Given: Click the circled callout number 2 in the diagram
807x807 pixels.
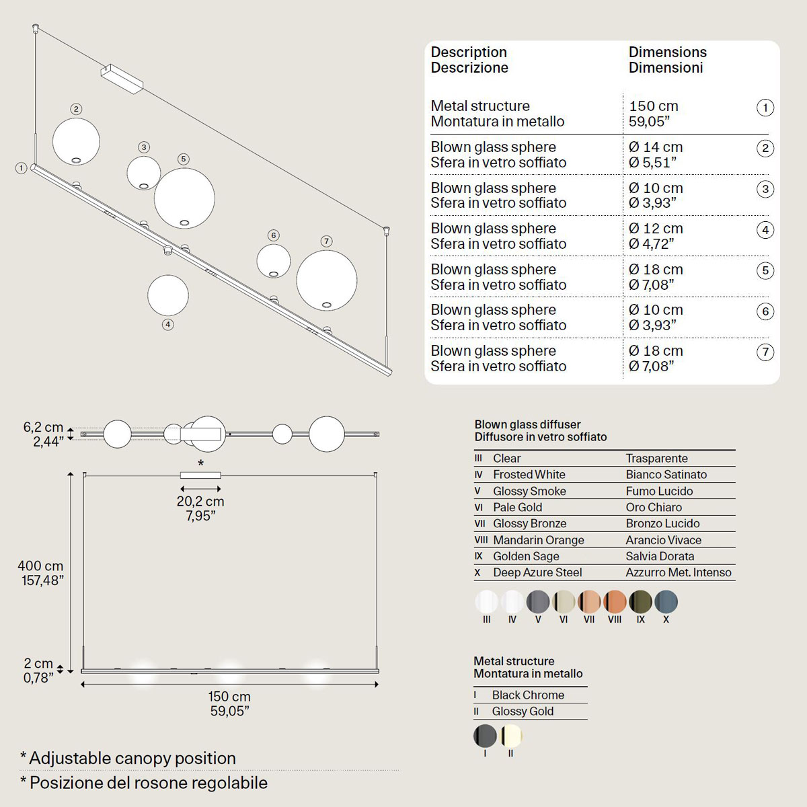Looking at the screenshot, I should (76, 109).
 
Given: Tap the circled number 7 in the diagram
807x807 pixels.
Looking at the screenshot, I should (326, 241).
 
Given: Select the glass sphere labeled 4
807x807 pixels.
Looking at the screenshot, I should (168, 295).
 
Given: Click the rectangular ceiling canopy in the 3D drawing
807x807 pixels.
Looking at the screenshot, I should (122, 77).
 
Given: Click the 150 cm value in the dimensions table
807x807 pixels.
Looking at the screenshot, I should (654, 106).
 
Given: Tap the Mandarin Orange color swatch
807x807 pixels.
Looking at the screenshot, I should (615, 602).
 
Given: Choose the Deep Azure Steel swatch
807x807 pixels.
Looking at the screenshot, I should (666, 602).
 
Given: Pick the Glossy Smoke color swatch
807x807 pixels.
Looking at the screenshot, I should (538, 602).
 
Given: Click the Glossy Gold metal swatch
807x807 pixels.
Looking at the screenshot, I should (511, 736).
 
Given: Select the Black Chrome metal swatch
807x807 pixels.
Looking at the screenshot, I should (485, 736).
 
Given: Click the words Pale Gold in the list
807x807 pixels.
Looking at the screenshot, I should (517, 508).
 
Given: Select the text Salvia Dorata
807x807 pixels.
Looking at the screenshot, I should (660, 556).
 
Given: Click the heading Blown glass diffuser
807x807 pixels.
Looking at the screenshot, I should (527, 424).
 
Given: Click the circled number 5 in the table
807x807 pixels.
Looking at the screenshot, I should (765, 270).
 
